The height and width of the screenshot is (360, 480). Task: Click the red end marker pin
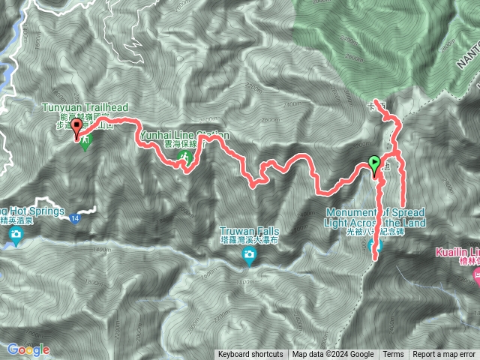coord(76,129)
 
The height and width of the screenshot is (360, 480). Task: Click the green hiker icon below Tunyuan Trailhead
coord(85,141)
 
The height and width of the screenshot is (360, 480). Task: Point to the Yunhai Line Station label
coord(184,135)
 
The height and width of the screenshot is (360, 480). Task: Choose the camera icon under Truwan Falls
coord(248,257)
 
